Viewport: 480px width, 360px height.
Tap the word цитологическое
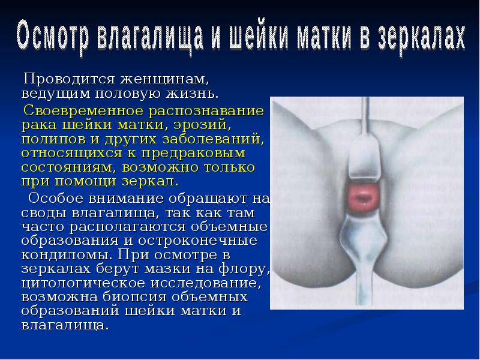pyautogui.click(x=85, y=281)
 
